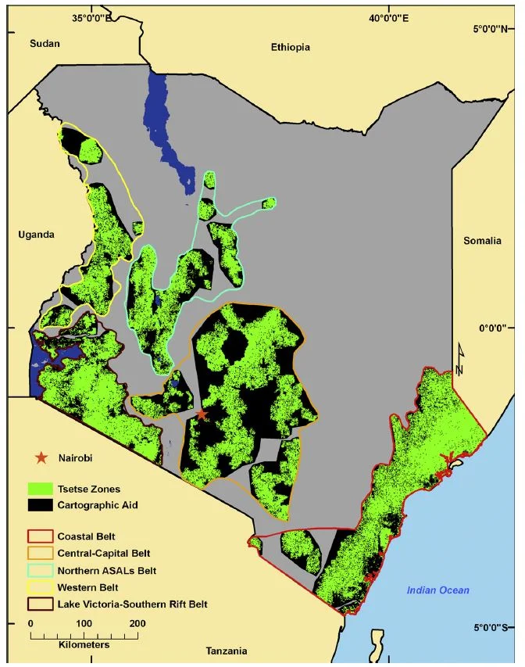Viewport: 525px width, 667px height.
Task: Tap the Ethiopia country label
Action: coord(291,48)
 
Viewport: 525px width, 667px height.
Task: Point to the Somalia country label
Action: coord(482,241)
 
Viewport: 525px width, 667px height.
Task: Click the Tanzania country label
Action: coord(227,651)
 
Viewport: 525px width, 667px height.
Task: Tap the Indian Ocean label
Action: coord(437,590)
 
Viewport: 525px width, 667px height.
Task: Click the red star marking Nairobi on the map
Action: coord(202,414)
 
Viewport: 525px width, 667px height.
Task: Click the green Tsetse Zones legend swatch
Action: coord(41,489)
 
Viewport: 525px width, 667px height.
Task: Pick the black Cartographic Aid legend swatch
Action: coord(41,505)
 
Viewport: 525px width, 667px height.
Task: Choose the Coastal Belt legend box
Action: coord(41,537)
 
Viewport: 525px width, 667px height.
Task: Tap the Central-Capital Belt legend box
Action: coord(41,554)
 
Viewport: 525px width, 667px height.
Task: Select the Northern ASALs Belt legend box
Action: coord(41,570)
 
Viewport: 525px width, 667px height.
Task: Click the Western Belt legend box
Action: coord(41,586)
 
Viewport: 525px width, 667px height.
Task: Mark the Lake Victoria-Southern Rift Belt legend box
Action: coord(41,603)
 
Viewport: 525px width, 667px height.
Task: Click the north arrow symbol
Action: coord(461,360)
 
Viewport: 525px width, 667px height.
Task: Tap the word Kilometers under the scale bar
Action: coord(84,645)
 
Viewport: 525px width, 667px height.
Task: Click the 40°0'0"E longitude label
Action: coord(388,18)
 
